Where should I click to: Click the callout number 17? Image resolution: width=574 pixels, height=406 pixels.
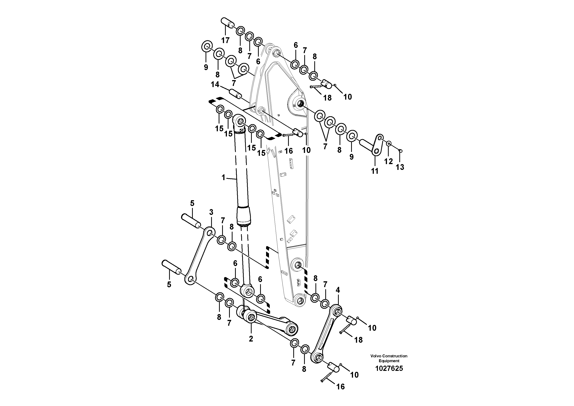coord(225,40)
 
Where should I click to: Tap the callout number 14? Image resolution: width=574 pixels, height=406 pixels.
coord(215,85)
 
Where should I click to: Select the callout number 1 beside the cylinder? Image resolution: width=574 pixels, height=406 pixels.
coord(223,178)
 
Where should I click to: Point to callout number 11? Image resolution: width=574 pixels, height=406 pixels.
coord(374,171)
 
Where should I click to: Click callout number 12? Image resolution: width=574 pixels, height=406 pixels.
coord(388,161)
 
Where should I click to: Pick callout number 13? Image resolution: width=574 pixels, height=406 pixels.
coord(400,167)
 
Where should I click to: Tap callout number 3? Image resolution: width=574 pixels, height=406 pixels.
coord(211,212)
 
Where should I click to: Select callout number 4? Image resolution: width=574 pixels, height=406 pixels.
coord(338,290)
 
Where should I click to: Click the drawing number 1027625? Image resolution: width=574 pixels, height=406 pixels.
coord(389,369)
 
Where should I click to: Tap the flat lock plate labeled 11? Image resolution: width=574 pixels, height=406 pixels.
coord(378,145)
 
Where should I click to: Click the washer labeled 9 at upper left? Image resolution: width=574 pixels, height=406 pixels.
coord(207,47)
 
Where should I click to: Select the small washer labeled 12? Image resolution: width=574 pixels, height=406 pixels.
coord(389,144)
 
